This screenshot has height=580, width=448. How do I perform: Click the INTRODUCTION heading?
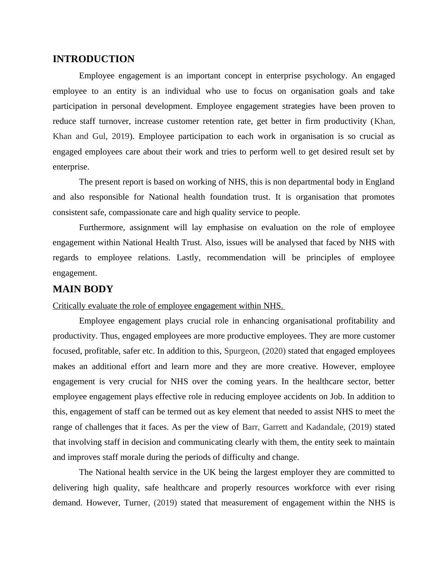point(93,59)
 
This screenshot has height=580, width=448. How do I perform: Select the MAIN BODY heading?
point(83,289)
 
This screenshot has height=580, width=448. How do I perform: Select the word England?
point(379,182)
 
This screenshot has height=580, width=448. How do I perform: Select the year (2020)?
point(274,351)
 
